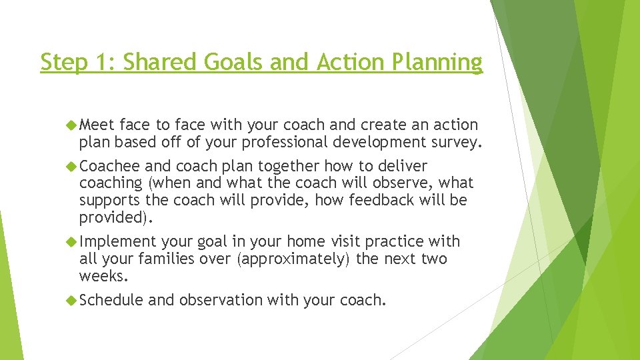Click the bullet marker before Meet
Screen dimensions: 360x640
(72, 125)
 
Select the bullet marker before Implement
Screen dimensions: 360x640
(72, 241)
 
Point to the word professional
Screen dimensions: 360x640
(278, 142)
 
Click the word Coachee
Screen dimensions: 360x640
(109, 166)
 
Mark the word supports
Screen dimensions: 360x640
(109, 200)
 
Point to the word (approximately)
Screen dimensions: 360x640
(294, 259)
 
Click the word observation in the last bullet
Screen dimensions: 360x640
(221, 301)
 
